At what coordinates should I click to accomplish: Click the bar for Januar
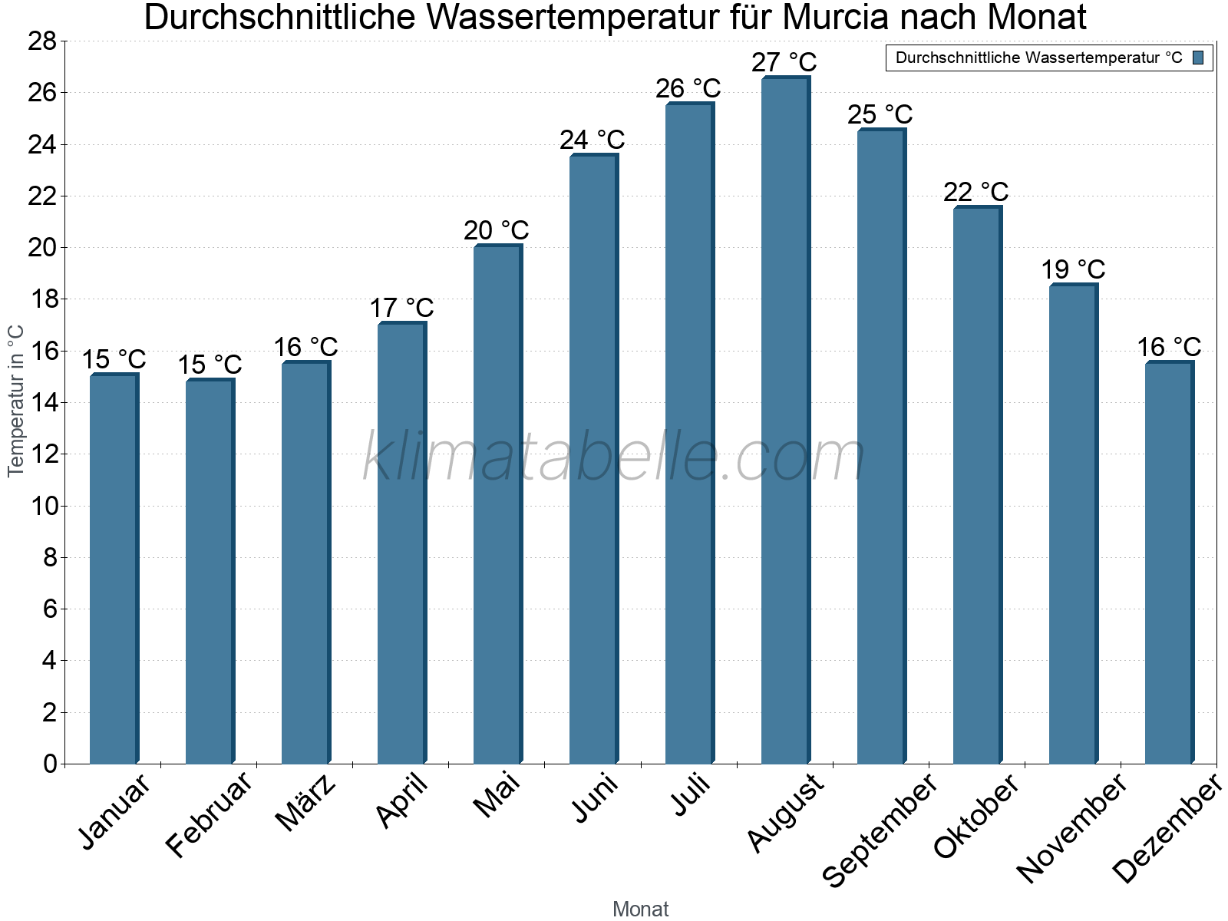coord(113,568)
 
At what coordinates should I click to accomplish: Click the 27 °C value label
coord(784,61)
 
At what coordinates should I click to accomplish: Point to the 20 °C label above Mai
coord(496,229)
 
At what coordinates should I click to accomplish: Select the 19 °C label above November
coord(1072,269)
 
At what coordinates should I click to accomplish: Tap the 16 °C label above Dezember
coord(1168,347)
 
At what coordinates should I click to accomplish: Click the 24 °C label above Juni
coord(592,140)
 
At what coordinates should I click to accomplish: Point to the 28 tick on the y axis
coord(42,41)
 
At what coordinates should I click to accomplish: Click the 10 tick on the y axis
coord(42,506)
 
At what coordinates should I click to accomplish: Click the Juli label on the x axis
coord(691,795)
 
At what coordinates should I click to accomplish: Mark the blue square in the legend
coord(1198,58)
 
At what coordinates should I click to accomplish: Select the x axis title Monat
coord(640,909)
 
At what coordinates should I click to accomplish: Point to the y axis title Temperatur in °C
coord(15,401)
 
